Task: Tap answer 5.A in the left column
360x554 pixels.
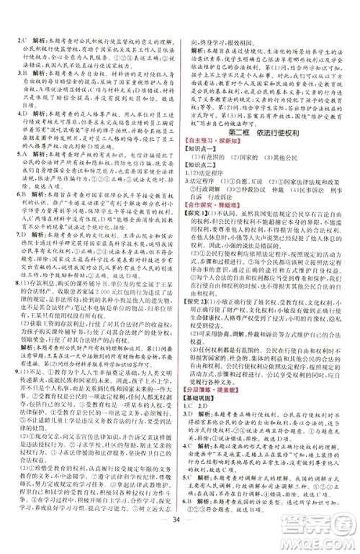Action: (x=22, y=173)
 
